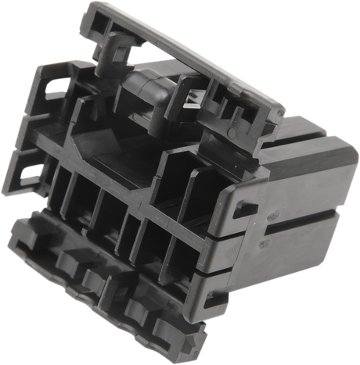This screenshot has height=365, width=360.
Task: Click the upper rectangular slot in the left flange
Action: click(55, 89)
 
